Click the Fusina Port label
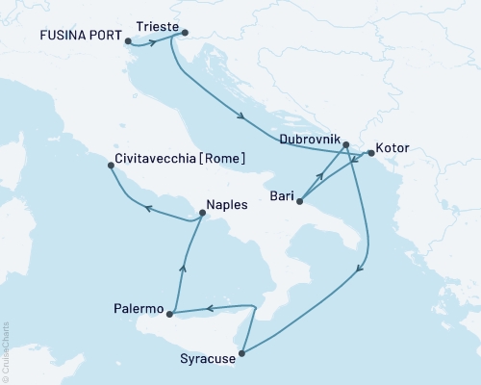(x=81, y=39)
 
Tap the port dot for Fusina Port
(x=128, y=41)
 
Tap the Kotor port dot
(x=371, y=152)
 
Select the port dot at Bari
(x=300, y=201)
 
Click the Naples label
(x=227, y=204)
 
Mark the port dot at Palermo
(x=169, y=314)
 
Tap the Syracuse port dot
(x=241, y=354)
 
